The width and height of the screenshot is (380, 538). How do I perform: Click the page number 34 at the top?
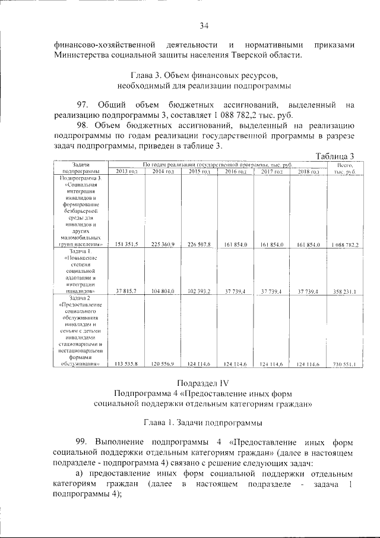(x=204, y=25)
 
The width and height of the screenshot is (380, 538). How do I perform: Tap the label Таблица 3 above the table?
(x=335, y=156)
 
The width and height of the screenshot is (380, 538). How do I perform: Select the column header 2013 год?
(x=126, y=171)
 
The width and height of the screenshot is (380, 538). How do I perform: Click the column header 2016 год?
(x=235, y=171)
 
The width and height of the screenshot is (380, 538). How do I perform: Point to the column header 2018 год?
(x=308, y=171)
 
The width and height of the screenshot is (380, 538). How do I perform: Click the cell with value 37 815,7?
(x=126, y=291)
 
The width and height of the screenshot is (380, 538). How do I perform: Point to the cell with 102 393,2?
(x=199, y=291)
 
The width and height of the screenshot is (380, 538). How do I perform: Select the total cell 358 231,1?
(x=344, y=291)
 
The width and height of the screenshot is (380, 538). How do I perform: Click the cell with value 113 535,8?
(x=126, y=364)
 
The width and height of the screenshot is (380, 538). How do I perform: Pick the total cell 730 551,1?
(x=344, y=364)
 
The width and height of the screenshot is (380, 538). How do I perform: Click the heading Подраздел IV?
(x=204, y=382)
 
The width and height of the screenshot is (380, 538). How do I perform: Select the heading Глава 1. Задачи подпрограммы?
(x=204, y=422)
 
